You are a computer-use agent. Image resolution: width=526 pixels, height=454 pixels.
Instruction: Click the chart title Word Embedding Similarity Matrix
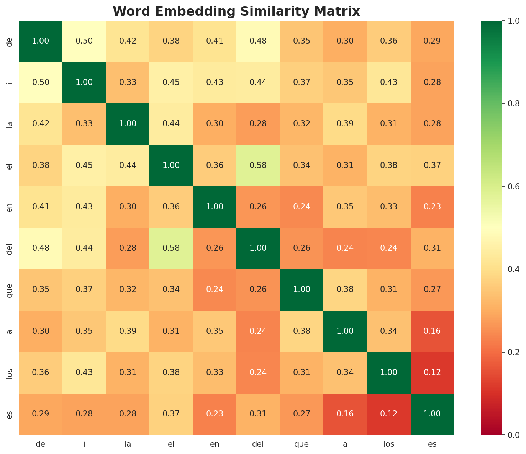236,11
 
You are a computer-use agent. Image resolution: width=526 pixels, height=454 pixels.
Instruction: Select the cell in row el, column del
258,165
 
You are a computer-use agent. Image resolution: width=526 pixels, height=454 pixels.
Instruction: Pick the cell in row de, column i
84,41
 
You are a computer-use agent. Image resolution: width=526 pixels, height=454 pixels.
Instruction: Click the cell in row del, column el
171,248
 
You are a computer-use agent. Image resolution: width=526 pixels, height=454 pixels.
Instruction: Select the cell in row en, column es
432,207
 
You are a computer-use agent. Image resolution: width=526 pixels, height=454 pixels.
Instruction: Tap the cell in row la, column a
345,124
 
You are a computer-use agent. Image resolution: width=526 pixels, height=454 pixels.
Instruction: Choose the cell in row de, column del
258,41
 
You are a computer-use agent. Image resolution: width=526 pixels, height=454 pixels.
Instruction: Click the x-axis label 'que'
302,444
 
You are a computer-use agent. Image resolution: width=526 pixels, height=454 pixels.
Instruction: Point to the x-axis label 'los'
389,444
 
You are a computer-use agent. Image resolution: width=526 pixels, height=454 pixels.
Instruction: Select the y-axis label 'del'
10,248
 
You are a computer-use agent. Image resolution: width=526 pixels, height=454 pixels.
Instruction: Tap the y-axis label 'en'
10,207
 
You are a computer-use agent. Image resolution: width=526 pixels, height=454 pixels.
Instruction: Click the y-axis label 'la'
10,124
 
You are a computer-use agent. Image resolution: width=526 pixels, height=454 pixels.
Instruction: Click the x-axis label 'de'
41,444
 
